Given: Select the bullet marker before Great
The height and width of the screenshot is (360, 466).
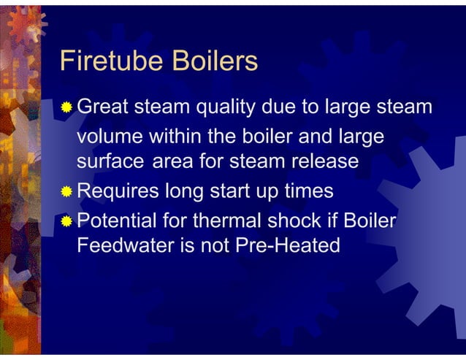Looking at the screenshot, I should tap(66, 109).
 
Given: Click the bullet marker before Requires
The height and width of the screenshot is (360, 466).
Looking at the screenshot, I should tap(66, 193).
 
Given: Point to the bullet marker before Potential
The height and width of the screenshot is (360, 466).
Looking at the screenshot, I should tap(66, 221).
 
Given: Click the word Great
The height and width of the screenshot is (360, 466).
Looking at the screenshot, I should tap(103, 107).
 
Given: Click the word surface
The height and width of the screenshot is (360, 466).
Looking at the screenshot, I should tap(112, 162).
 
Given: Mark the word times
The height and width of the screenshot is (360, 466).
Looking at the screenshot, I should tap(305, 191).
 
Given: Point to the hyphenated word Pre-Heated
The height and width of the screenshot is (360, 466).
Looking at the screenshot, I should tap(287, 245).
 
